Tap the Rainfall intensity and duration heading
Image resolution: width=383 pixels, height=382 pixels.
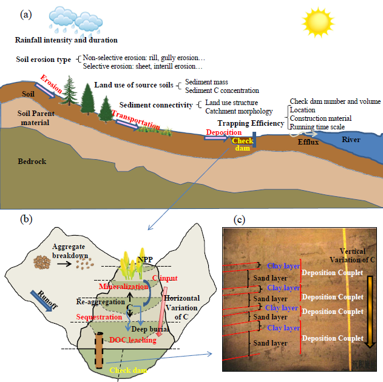click(x=67, y=40)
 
